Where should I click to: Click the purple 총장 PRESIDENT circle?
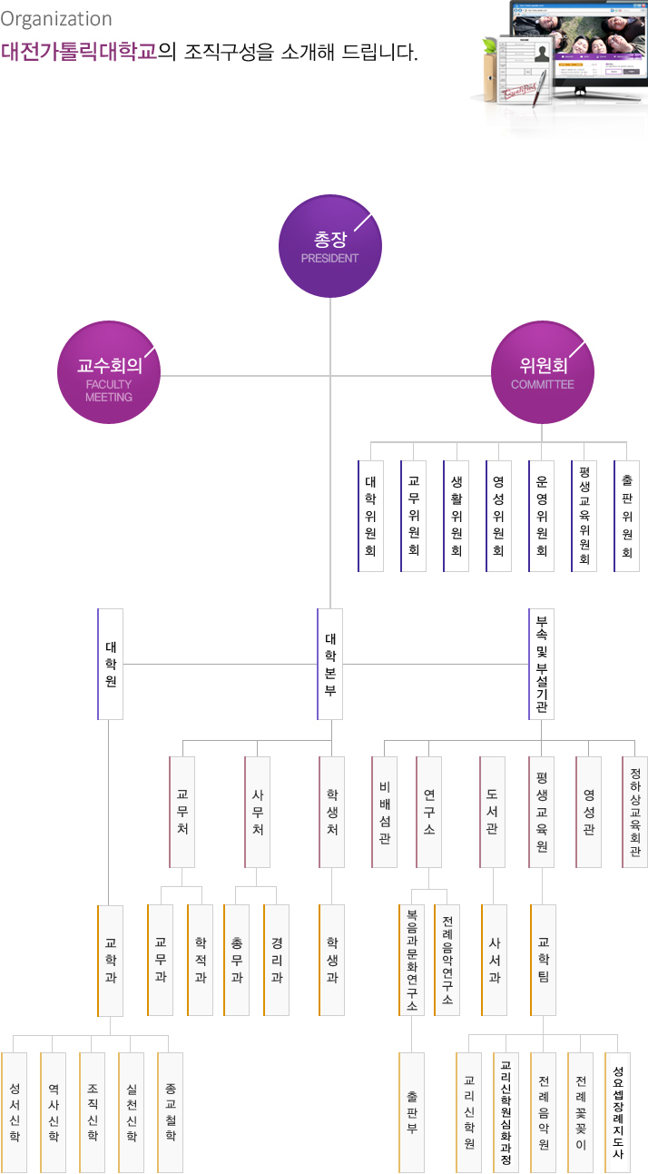pos(330,246)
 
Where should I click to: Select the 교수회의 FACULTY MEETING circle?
pos(109,372)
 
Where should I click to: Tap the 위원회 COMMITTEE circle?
pos(543,372)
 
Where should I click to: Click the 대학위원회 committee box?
pos(371,516)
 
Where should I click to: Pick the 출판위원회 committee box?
pos(626,516)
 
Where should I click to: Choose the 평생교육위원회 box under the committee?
pos(584,516)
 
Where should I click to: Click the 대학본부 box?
pos(330,664)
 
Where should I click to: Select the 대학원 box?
pos(111,664)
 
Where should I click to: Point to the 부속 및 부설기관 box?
pos(542,664)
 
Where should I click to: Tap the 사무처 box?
pos(257,812)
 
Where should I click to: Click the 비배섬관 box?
pos(385,812)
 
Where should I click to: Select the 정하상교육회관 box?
pos(635,812)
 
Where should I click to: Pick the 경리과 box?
pos(276,960)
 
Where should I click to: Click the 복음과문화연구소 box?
pos(412,960)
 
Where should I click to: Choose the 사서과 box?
pos(494,960)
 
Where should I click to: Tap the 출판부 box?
pos(412,1112)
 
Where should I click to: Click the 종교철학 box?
pos(171,1112)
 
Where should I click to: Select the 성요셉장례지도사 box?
pos(618,1112)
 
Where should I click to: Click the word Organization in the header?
pos(56,19)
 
